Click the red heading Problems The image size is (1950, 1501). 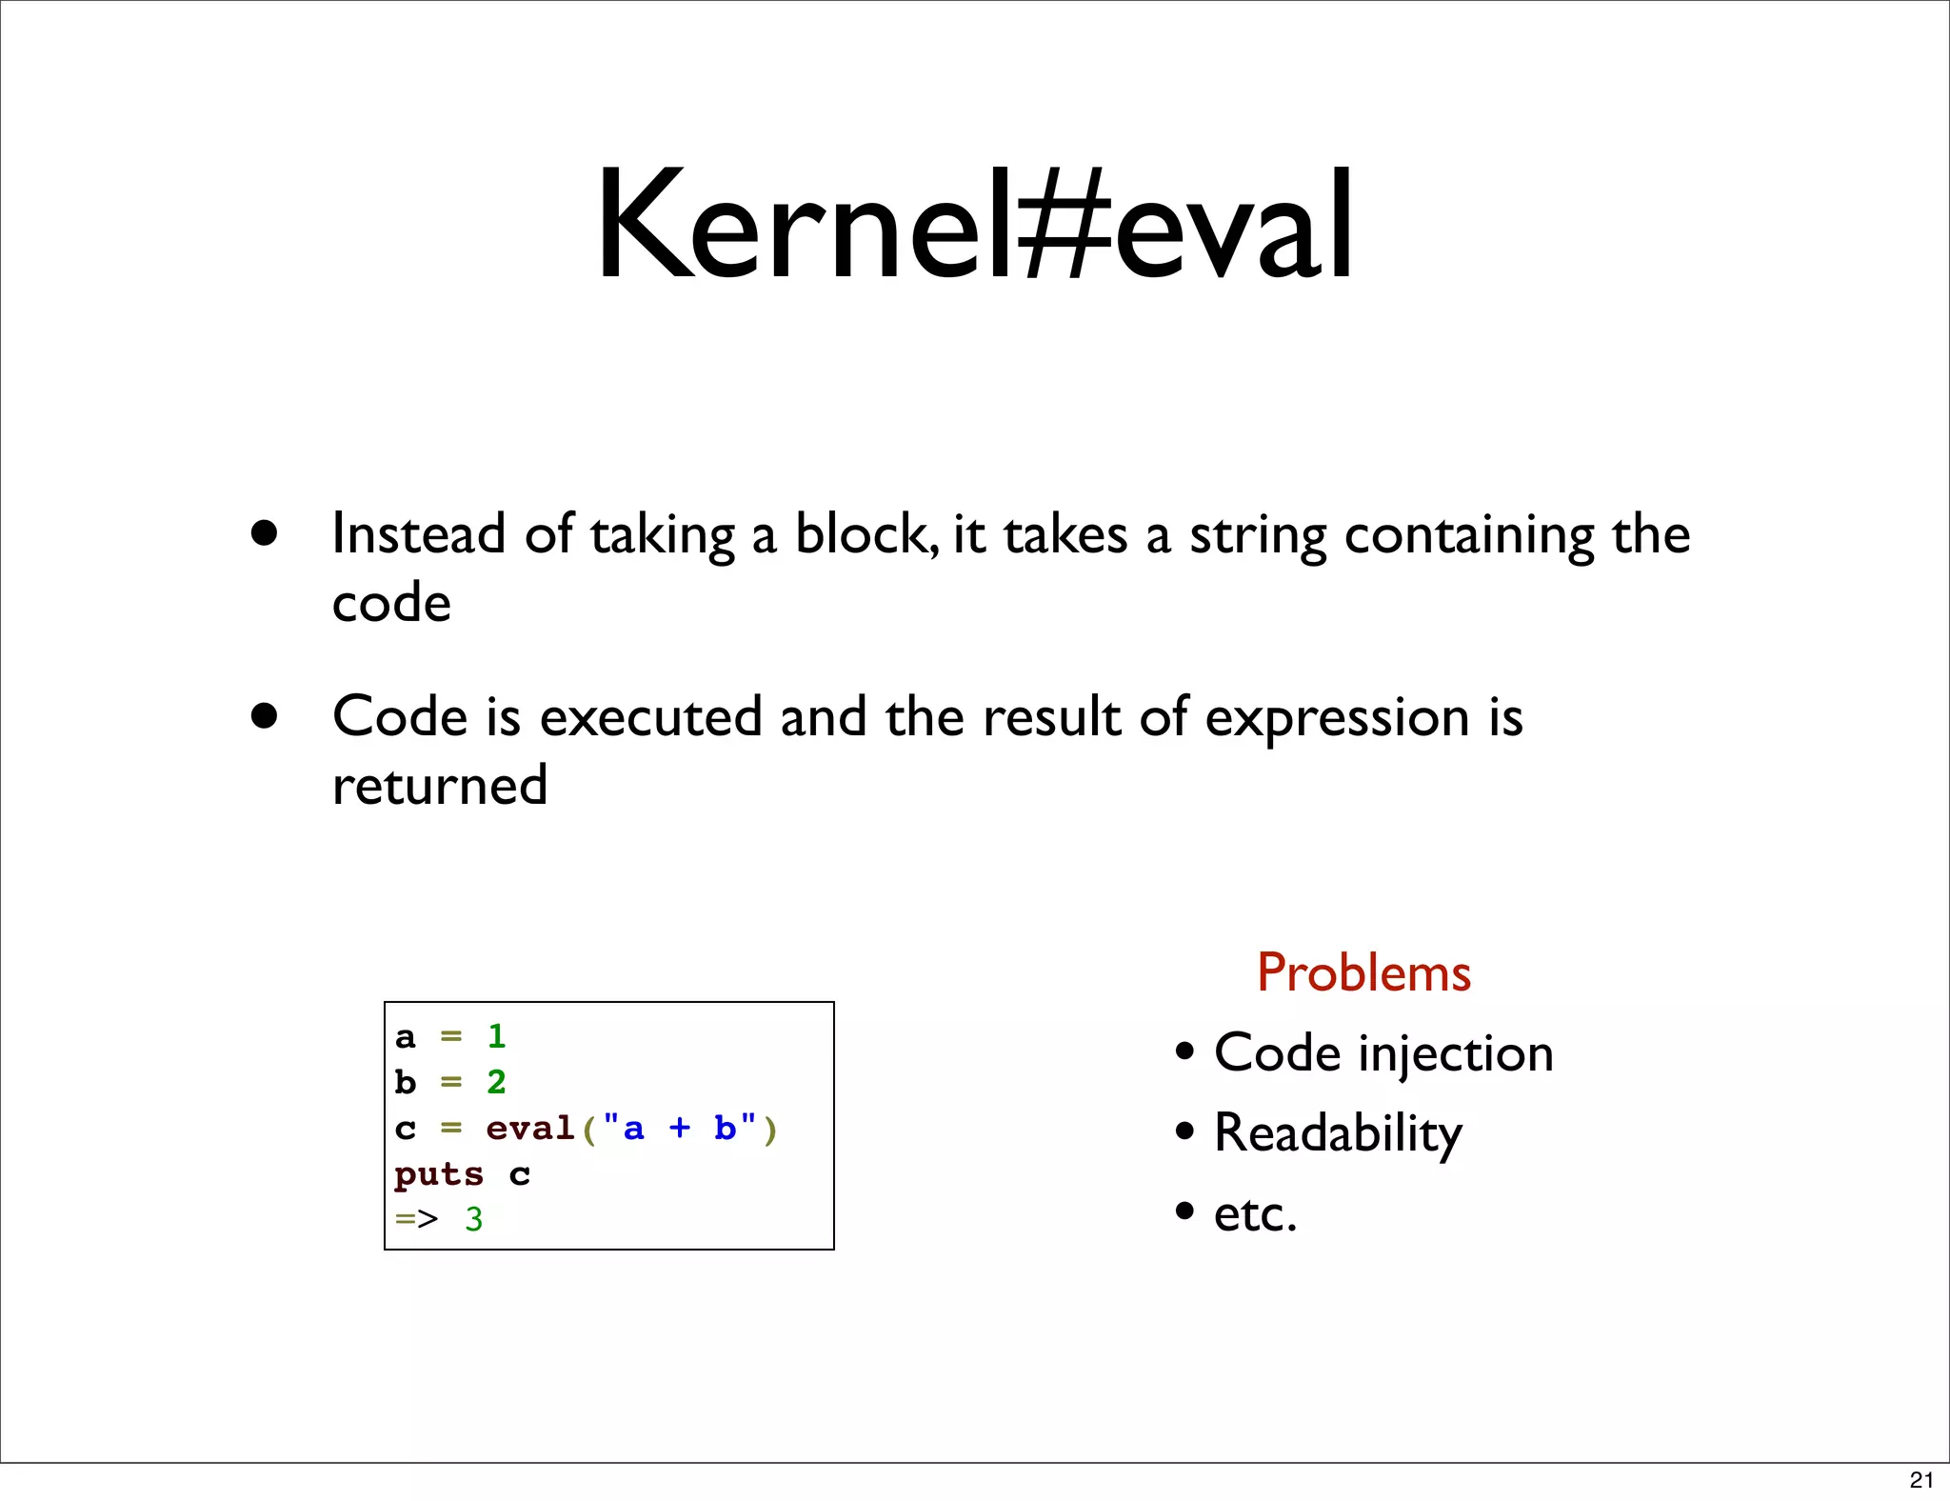(1363, 973)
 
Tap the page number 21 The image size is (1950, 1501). (1921, 1479)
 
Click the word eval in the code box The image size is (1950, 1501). (529, 1129)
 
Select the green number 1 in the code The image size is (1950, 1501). (496, 1036)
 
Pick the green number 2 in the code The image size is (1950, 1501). (496, 1082)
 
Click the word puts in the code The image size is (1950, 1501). (439, 1174)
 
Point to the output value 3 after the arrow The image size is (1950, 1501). (474, 1220)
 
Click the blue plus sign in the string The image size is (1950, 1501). (679, 1129)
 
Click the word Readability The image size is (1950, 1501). (1338, 1134)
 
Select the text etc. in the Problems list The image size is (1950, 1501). (1255, 1214)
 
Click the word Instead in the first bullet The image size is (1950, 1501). (418, 533)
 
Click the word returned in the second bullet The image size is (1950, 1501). (440, 786)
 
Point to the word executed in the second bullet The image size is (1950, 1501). (650, 717)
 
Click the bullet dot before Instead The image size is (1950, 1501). (265, 532)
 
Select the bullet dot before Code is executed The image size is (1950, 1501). (265, 715)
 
